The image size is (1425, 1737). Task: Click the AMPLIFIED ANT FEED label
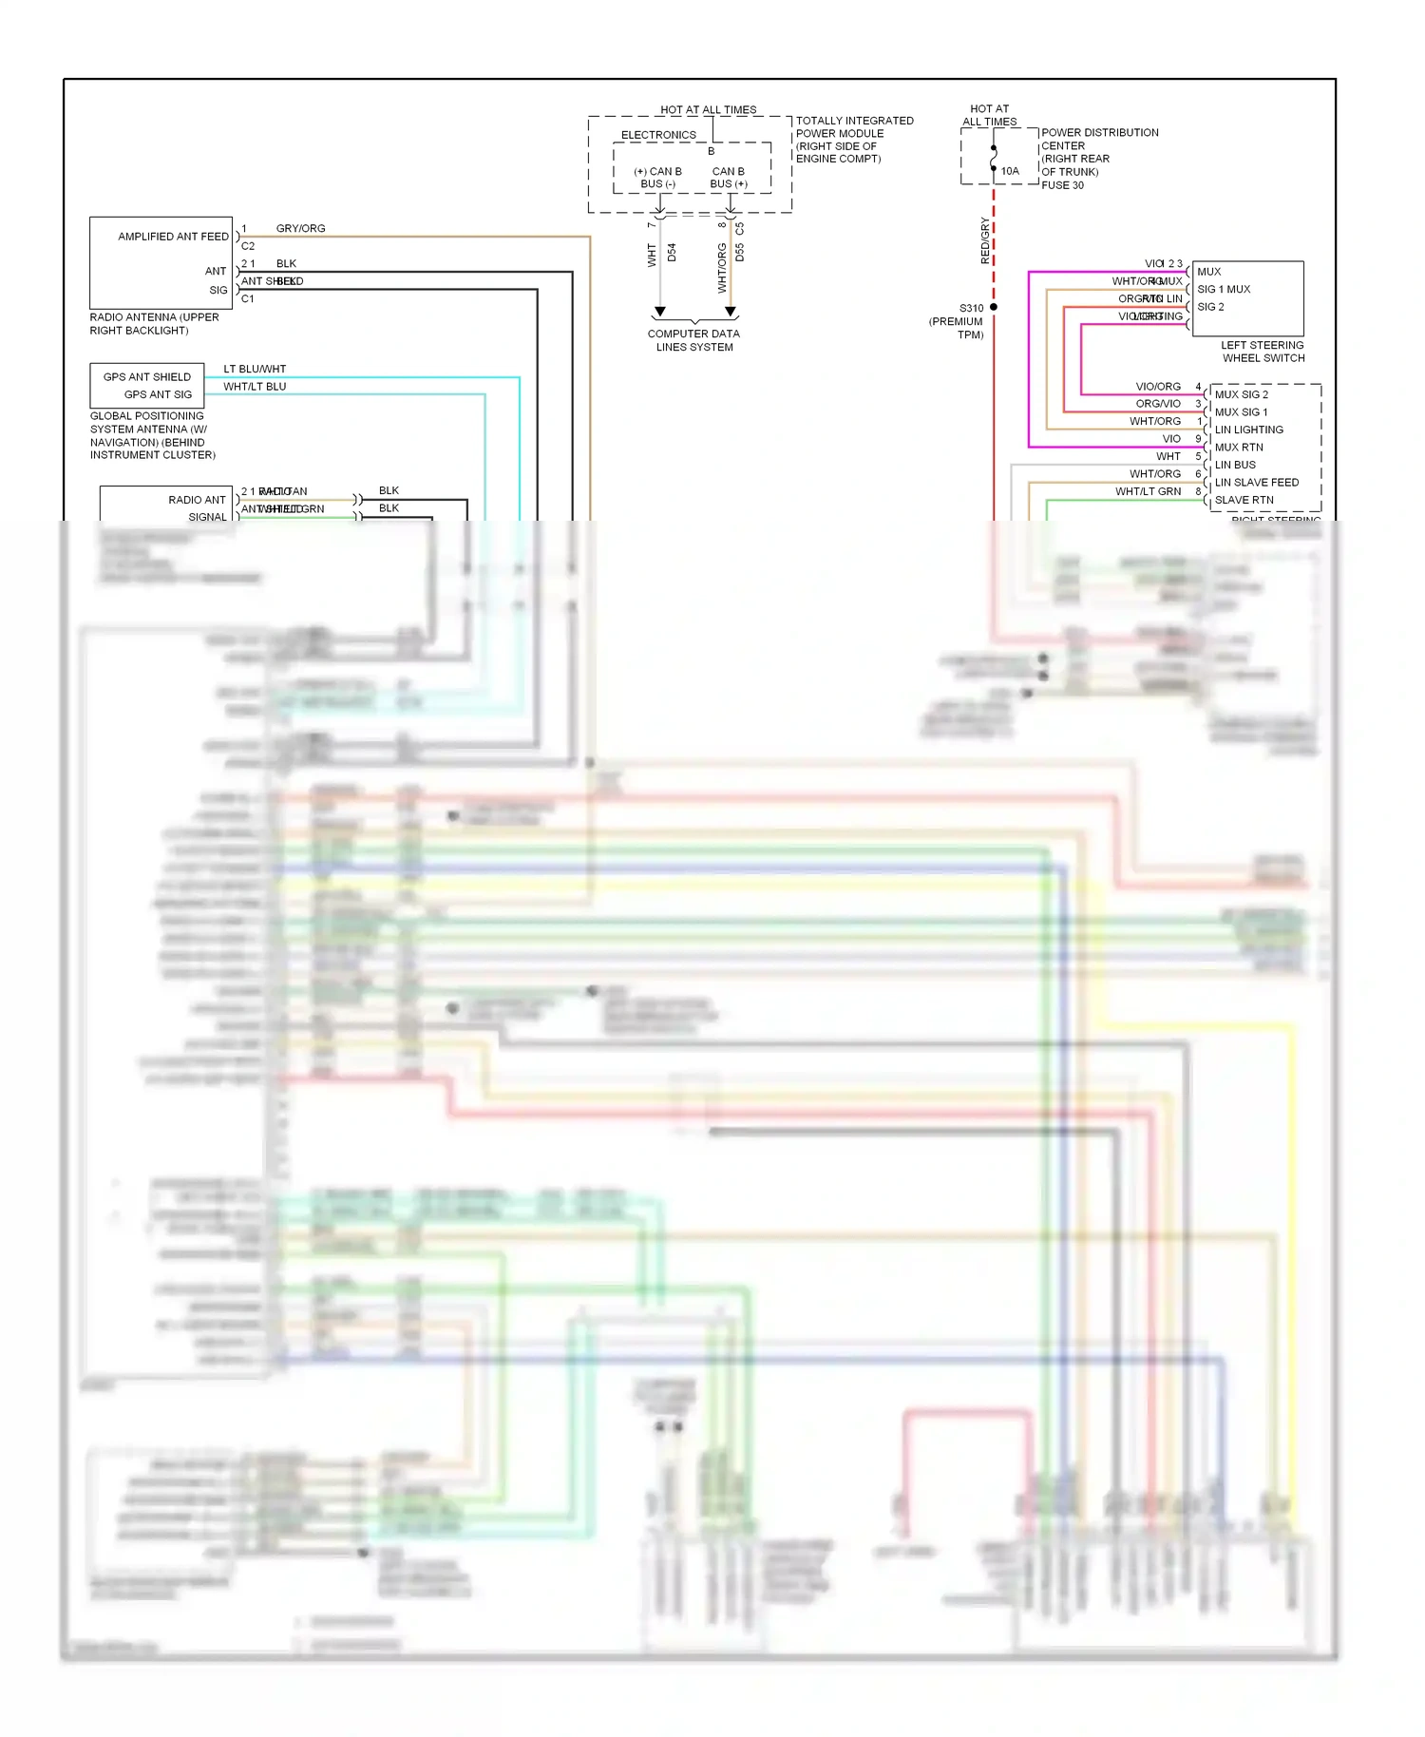tap(173, 237)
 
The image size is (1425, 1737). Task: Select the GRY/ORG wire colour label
tap(300, 229)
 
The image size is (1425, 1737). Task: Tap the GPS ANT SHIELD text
tap(146, 377)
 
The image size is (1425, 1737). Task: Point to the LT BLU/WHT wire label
tap(255, 369)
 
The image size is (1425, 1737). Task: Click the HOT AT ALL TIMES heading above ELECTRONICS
tap(708, 110)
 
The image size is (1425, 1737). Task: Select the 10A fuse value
tap(1010, 172)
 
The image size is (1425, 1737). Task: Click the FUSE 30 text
tap(1062, 185)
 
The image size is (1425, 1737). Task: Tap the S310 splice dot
tap(994, 308)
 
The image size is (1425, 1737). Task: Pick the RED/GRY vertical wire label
tap(985, 241)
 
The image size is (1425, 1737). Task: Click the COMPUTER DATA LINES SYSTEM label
tap(693, 340)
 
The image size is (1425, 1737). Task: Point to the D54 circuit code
tap(672, 253)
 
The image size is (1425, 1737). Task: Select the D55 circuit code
tap(740, 253)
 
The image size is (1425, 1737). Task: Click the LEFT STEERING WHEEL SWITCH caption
tap(1263, 352)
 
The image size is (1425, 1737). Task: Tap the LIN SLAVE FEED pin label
tap(1256, 483)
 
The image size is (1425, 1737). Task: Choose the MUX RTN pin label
tap(1239, 448)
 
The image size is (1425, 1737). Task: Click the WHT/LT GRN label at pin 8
tap(1148, 492)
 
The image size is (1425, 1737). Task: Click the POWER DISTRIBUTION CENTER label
tap(1099, 139)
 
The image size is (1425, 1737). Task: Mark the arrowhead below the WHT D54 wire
tap(660, 312)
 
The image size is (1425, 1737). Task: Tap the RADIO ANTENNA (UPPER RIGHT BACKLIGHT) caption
tap(154, 324)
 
